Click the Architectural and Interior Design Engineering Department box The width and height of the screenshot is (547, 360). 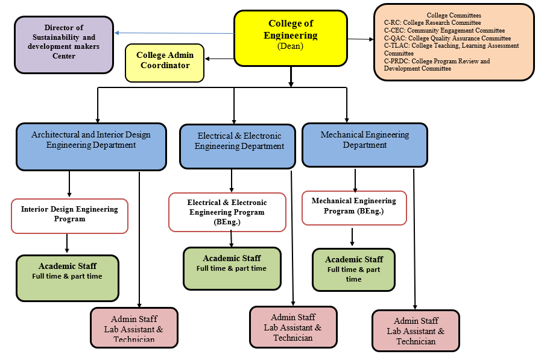(x=91, y=147)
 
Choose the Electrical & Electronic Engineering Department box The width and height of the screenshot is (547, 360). (x=238, y=147)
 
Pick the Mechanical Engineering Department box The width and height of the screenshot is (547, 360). (x=364, y=145)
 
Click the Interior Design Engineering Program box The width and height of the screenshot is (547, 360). (x=69, y=215)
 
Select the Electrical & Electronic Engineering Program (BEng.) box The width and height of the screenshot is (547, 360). (x=227, y=212)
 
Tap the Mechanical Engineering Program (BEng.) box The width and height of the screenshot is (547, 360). (x=354, y=207)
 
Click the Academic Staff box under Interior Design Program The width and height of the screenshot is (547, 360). (x=68, y=278)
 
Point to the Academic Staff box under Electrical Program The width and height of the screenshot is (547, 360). (x=232, y=268)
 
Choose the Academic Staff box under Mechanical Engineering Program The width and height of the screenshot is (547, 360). (x=353, y=270)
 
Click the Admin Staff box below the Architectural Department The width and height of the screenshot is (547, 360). (x=134, y=328)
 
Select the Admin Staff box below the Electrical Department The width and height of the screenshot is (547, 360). (x=293, y=327)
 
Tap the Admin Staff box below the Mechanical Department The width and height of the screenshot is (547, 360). (x=416, y=330)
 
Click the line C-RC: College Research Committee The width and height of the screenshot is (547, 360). (x=432, y=23)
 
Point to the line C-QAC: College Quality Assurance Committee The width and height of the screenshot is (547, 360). (x=447, y=38)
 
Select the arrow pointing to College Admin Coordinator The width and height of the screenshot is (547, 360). (x=219, y=58)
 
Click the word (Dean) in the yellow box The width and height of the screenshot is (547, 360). (x=290, y=46)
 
